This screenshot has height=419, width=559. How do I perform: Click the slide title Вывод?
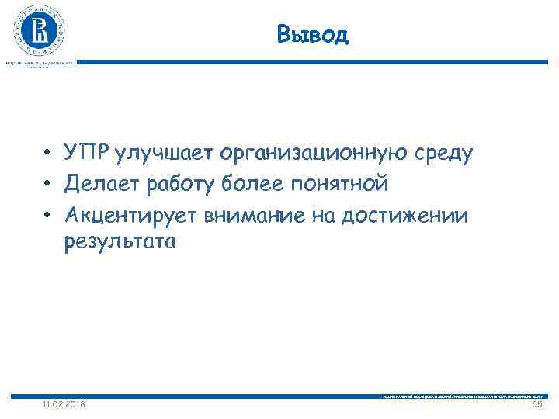(313, 34)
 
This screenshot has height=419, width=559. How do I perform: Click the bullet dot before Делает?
(48, 185)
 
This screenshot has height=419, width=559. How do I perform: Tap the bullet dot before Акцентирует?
(48, 215)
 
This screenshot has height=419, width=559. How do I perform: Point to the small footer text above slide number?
(458, 396)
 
